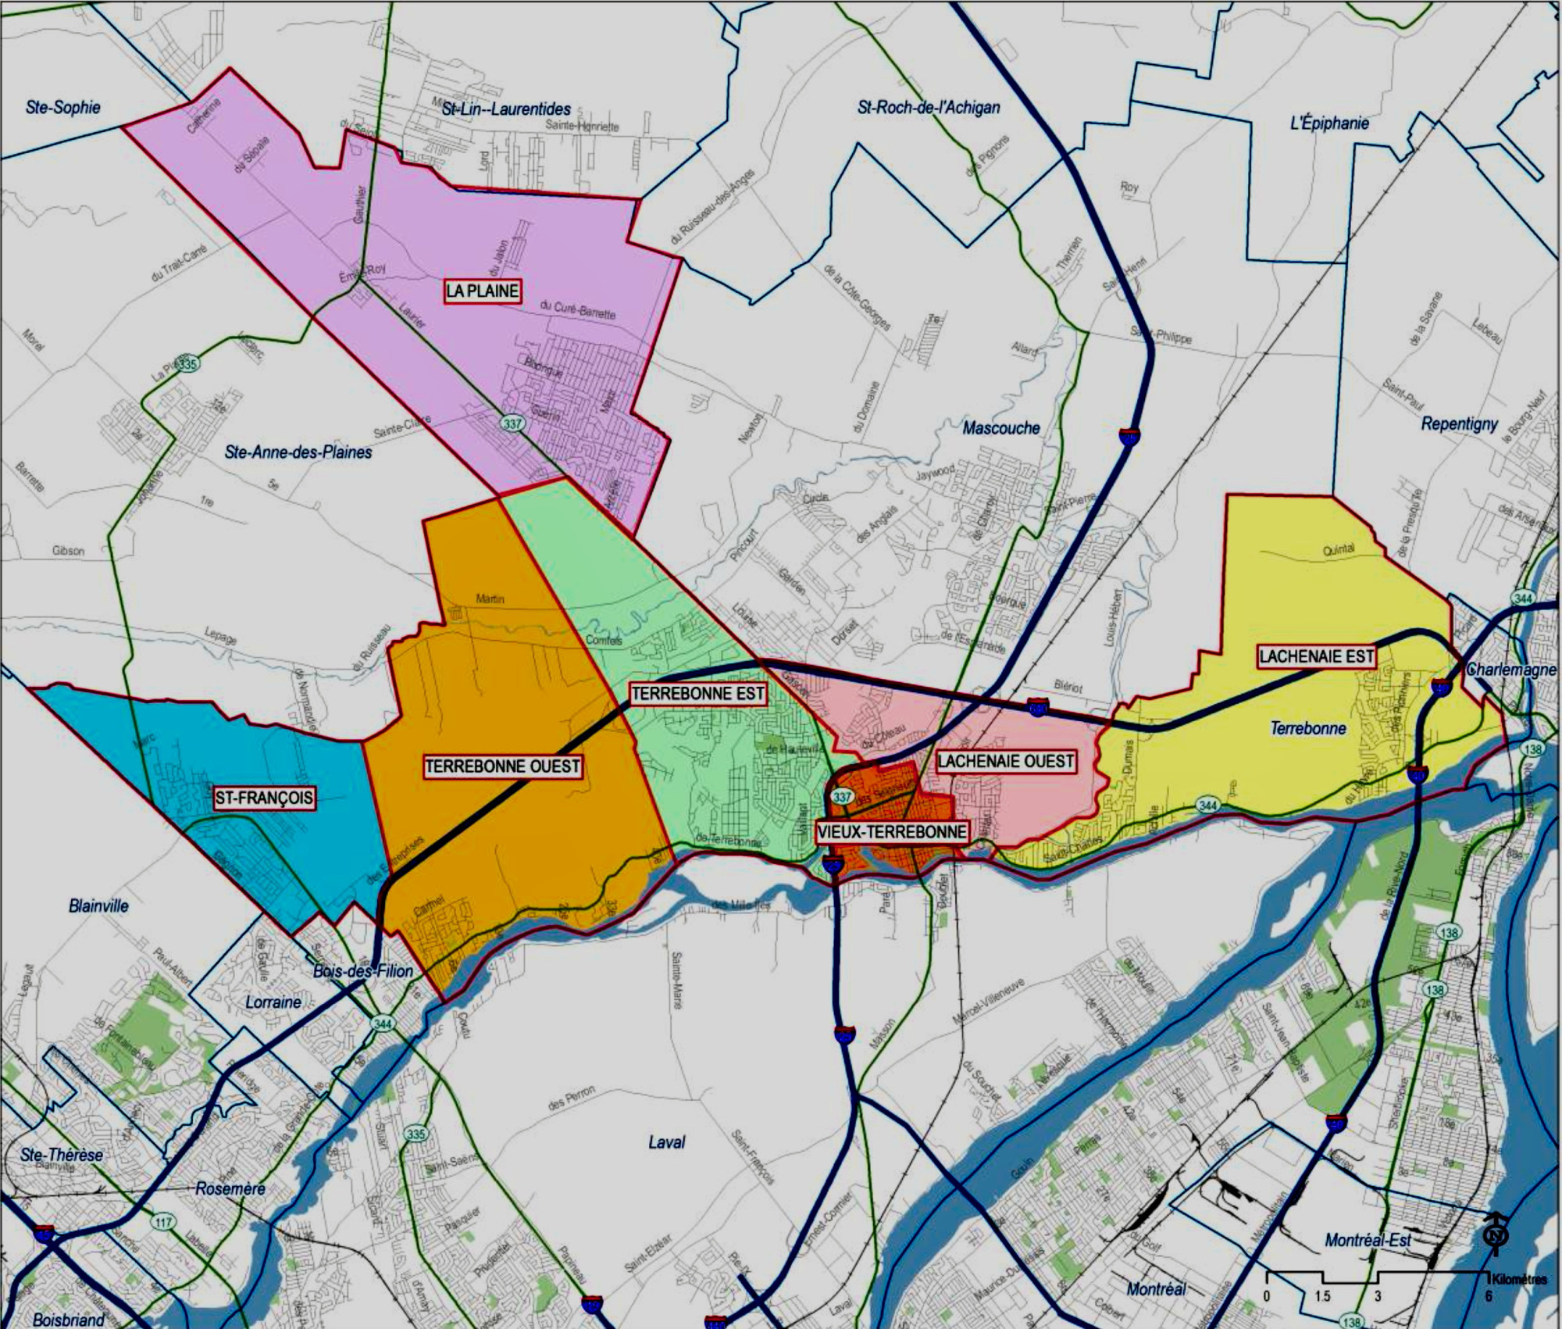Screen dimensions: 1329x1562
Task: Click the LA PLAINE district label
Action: point(483,291)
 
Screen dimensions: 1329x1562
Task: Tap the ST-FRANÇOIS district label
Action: point(264,798)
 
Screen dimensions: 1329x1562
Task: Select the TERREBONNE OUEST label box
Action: point(502,766)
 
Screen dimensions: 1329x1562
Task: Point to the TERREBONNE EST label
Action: point(697,693)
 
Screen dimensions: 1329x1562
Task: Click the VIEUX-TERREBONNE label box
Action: point(891,831)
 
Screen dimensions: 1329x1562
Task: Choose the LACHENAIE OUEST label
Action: point(1006,761)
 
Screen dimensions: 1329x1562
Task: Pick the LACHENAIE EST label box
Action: point(1317,656)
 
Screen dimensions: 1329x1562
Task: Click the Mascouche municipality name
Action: point(1001,427)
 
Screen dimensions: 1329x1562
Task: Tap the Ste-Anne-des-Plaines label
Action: point(298,452)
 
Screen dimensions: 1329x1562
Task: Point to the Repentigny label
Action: point(1459,424)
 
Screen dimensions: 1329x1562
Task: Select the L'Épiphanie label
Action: point(1329,123)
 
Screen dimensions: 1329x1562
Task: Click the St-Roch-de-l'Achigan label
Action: point(929,108)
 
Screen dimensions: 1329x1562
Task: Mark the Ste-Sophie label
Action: point(63,107)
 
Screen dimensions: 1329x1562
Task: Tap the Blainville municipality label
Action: point(98,906)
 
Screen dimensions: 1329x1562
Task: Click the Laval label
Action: point(666,1141)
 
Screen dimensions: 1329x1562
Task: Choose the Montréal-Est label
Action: point(1368,1240)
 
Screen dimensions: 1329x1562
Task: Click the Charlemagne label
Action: point(1511,670)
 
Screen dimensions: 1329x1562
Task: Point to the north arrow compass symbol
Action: point(1497,1234)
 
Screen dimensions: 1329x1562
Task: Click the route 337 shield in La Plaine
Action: point(512,423)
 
